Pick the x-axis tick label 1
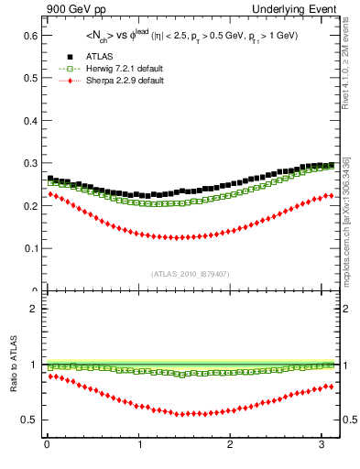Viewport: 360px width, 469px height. pos(138,444)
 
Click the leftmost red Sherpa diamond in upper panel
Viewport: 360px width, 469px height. pos(50,193)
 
